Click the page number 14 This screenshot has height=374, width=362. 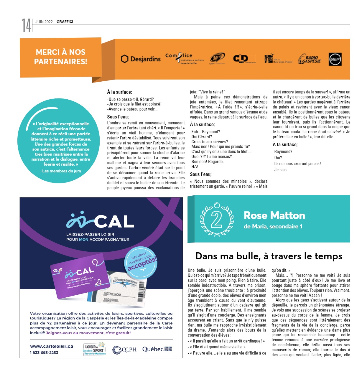pos(26,25)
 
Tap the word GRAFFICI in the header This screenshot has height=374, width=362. pos(65,22)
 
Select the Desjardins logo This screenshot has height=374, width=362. pos(141,59)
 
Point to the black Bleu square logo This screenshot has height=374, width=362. pos(335,59)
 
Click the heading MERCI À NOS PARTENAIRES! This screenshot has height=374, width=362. pos(61,57)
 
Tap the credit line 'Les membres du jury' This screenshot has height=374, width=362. pos(61,171)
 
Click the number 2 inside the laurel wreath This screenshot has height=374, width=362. pos(217,220)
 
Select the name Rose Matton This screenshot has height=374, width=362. pos(274,215)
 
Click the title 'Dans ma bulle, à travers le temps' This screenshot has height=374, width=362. pos(269,256)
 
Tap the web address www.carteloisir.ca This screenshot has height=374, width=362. pos(52,346)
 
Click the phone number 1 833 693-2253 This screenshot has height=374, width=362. pos(44,352)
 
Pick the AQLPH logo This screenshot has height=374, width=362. pos(124,350)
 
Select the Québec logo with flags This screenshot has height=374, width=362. pos(157,350)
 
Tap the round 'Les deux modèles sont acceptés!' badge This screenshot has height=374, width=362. pos(141,261)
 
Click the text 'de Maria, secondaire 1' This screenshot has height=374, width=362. pos(273,227)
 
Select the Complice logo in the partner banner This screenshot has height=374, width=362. pos(184,58)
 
